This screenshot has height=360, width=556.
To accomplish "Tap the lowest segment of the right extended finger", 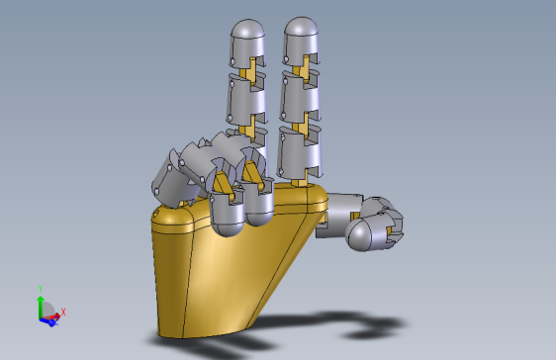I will coord(300,154).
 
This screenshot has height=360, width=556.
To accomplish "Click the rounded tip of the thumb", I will coord(362,235).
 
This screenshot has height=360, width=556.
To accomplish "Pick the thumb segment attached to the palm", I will coord(342,208).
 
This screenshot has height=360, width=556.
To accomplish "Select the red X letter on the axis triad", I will coord(62,313).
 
